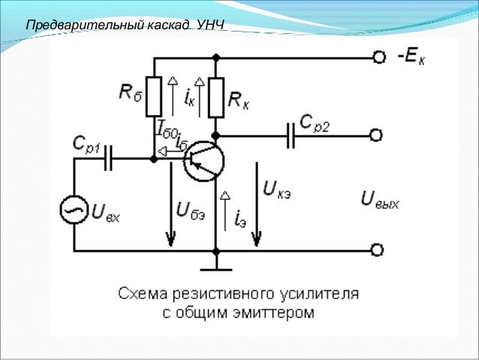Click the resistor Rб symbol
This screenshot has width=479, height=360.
pos(154,96)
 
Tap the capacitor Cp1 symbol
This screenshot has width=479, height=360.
pos(110,159)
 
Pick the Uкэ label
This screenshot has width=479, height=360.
pos(277,187)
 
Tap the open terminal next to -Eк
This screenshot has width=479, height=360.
pos(377,57)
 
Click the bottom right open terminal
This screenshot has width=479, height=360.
pos(377,250)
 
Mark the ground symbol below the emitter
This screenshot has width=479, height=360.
pos(215,266)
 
